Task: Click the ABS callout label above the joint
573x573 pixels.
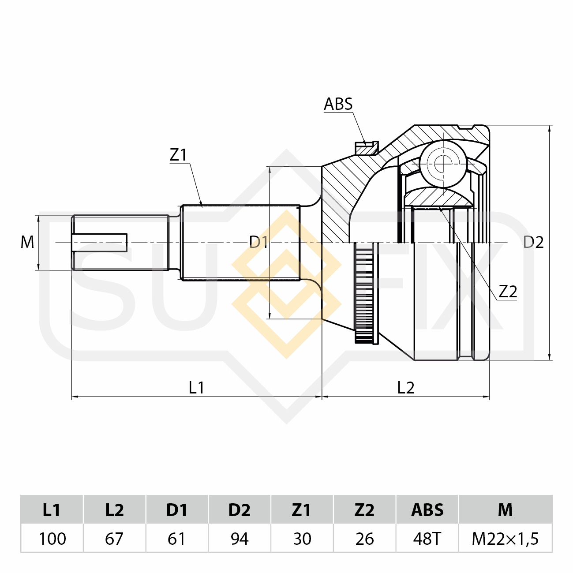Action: [338, 104]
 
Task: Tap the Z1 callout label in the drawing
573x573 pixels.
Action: [178, 155]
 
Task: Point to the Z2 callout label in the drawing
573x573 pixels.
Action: [508, 292]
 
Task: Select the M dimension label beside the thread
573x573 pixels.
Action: [27, 242]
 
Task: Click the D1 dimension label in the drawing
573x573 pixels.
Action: [258, 242]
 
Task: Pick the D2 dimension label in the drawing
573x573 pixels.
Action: [533, 242]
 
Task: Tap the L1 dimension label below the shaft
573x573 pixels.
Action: [196, 388]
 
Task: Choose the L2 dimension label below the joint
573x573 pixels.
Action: [405, 388]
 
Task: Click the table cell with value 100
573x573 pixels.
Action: [52, 539]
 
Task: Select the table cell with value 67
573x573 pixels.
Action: [115, 539]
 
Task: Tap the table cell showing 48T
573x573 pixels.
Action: [427, 539]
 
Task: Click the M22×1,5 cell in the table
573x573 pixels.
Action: [505, 539]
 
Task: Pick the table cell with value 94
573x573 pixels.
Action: [240, 539]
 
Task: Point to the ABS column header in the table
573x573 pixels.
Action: [427, 509]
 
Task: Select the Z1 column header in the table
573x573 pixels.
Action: [302, 509]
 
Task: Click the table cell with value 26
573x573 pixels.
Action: [364, 539]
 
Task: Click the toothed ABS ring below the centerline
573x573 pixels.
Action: [366, 293]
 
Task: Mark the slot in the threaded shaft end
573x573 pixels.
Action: [100, 242]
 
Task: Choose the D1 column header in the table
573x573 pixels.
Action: [177, 509]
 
